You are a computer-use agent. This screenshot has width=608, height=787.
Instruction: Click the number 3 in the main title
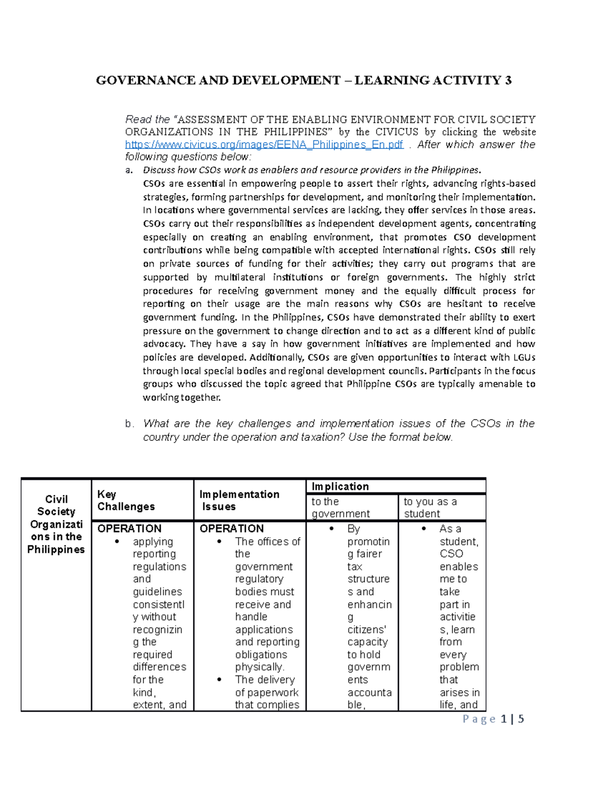508,81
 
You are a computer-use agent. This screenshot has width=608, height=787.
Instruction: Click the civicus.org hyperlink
264,145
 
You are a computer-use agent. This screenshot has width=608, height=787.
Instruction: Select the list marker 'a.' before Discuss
129,170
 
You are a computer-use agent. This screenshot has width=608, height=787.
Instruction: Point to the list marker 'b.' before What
130,424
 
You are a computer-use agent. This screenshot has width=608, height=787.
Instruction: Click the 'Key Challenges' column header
126,500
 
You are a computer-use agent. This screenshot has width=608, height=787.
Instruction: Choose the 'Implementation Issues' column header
239,500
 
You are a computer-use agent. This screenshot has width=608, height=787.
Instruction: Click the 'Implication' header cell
340,486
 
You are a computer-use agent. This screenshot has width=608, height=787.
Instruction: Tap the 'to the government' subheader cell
340,507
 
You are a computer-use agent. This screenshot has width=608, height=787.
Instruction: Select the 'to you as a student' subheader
430,507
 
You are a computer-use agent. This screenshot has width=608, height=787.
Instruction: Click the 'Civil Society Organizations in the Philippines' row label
56,524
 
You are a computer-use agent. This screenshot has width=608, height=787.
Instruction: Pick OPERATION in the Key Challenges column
129,529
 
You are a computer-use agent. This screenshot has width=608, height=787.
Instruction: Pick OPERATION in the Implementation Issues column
232,529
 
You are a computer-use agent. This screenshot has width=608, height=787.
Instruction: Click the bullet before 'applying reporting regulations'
118,542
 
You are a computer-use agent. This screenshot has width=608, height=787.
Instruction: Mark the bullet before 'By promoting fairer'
331,529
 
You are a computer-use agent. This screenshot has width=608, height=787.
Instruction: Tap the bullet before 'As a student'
424,529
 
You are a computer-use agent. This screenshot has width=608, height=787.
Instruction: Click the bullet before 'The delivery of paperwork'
219,680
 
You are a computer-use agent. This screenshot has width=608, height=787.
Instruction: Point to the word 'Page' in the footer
479,719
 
